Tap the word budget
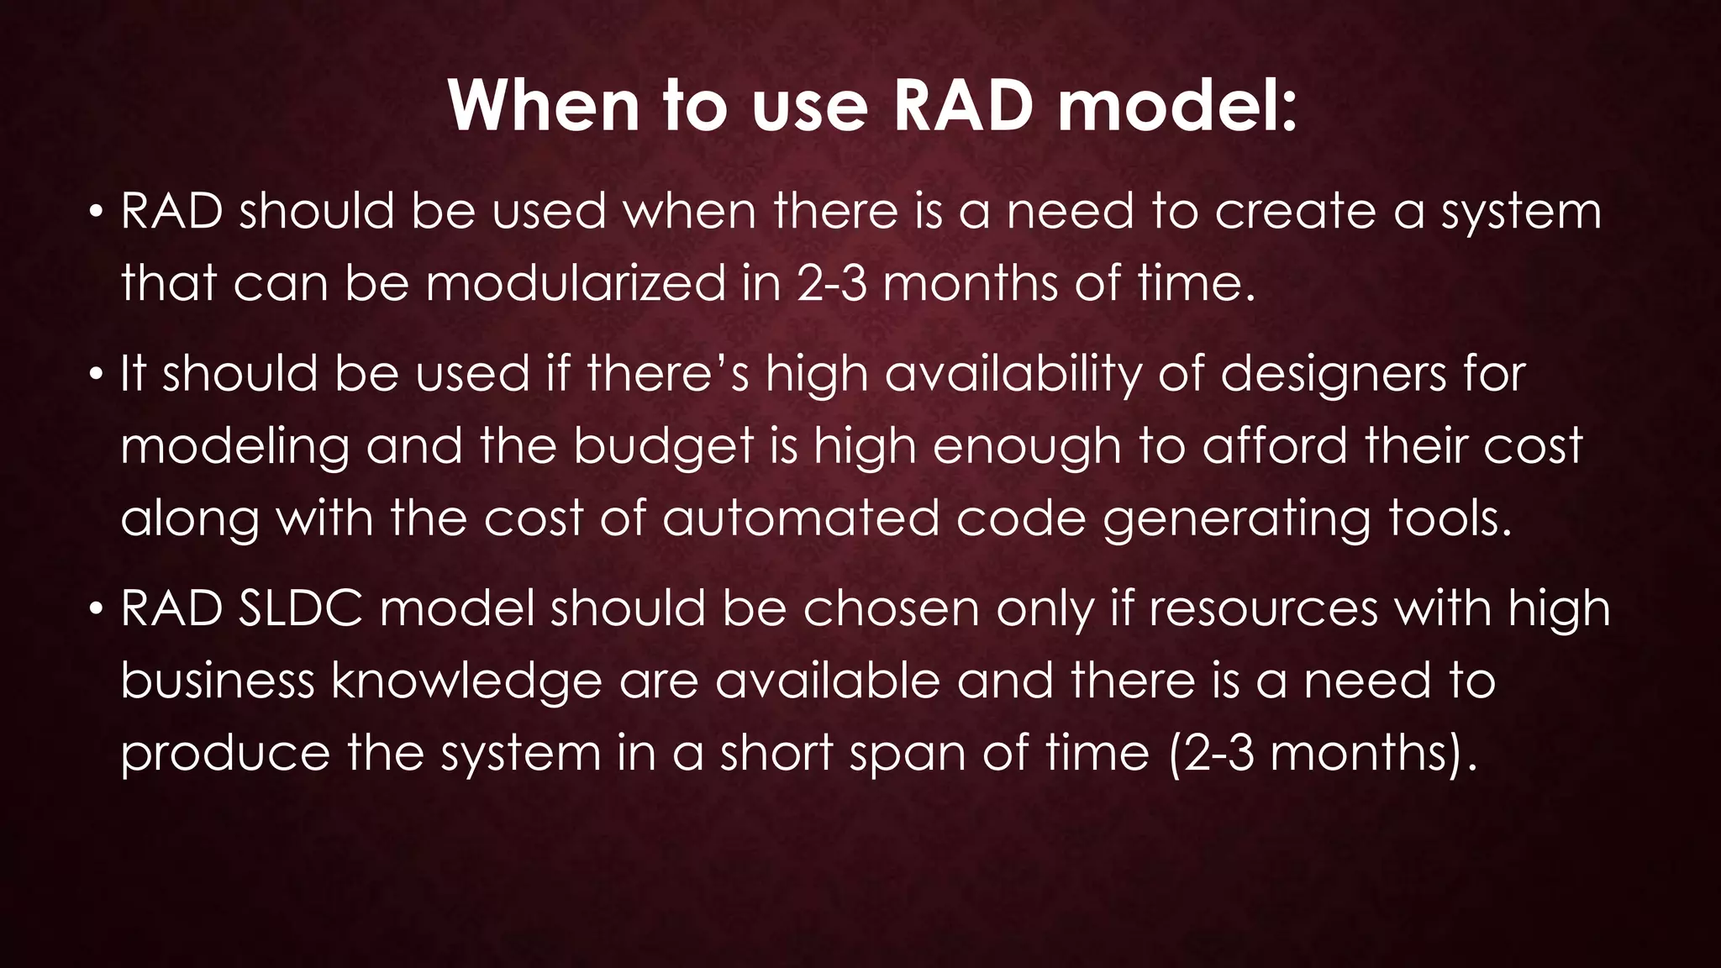tap(664, 447)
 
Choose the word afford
tap(1275, 445)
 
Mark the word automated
tap(800, 518)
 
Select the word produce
tap(225, 754)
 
